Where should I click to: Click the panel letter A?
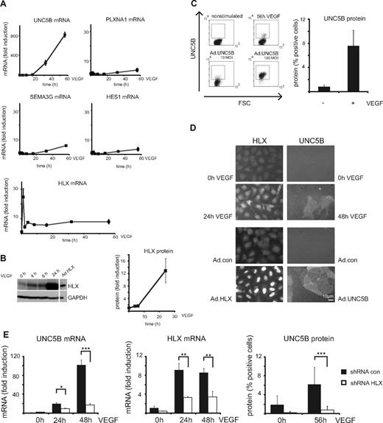tap(6, 4)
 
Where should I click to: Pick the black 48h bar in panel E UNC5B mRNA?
tap(75, 386)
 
